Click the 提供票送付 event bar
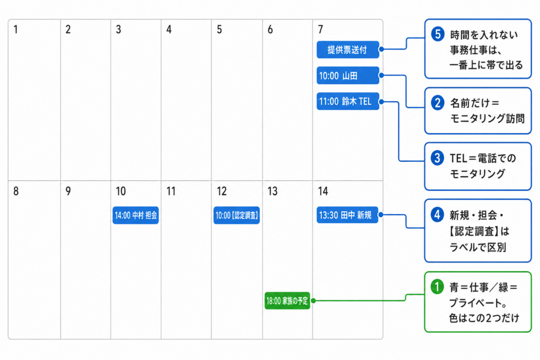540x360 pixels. click(x=348, y=50)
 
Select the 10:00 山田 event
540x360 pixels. click(x=348, y=75)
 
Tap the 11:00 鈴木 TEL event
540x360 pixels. click(x=348, y=101)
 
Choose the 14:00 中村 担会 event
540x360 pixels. click(x=136, y=215)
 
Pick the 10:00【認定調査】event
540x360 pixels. click(x=237, y=215)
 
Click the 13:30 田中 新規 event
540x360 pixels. click(x=347, y=215)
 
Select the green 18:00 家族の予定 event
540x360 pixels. click(x=287, y=300)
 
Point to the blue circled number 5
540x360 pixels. click(x=438, y=34)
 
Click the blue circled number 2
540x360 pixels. click(x=438, y=103)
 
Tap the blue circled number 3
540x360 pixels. click(x=437, y=158)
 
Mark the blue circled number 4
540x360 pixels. click(x=437, y=215)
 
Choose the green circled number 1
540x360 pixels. click(x=437, y=287)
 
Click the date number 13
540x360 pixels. click(x=273, y=191)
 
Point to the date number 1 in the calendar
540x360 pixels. click(x=15, y=30)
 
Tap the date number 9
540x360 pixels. click(x=68, y=191)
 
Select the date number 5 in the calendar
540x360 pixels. click(x=219, y=30)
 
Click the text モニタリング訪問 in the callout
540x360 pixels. click(x=487, y=119)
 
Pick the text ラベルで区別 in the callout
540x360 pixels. click(x=478, y=247)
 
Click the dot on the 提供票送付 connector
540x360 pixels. click(x=382, y=49)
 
